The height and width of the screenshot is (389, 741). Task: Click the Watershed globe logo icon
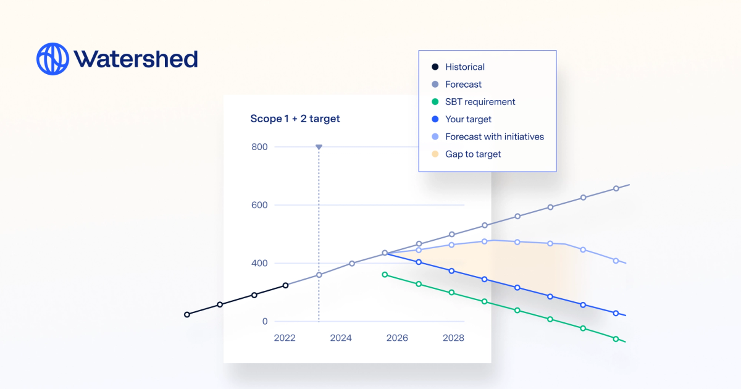pos(52,59)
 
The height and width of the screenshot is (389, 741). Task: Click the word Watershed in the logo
pos(136,59)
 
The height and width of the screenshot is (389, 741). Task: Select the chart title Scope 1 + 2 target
pos(295,119)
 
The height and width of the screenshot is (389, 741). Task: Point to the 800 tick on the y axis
pos(259,147)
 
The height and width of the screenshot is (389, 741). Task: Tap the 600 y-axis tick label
pos(259,205)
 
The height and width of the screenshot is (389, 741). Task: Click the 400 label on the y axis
pos(259,263)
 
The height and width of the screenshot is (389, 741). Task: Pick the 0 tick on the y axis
pos(265,321)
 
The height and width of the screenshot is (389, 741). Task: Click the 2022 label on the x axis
pos(285,338)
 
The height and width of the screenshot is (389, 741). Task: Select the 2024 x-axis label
pos(341,338)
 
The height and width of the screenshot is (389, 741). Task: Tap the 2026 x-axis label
pos(397,338)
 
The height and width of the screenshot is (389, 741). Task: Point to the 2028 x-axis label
pos(453,338)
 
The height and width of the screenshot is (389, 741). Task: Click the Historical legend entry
pos(464,67)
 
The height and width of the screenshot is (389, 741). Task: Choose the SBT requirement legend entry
pos(480,102)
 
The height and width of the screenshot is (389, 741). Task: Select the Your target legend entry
pos(468,119)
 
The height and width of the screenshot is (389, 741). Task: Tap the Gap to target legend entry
pos(473,154)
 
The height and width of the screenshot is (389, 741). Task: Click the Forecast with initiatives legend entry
pos(494,136)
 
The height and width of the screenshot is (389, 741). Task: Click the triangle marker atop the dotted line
pos(319,147)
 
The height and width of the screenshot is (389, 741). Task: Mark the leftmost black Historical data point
pos(187,314)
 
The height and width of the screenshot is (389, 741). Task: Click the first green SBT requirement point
pos(385,274)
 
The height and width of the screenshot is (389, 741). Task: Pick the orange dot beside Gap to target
pos(435,154)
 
